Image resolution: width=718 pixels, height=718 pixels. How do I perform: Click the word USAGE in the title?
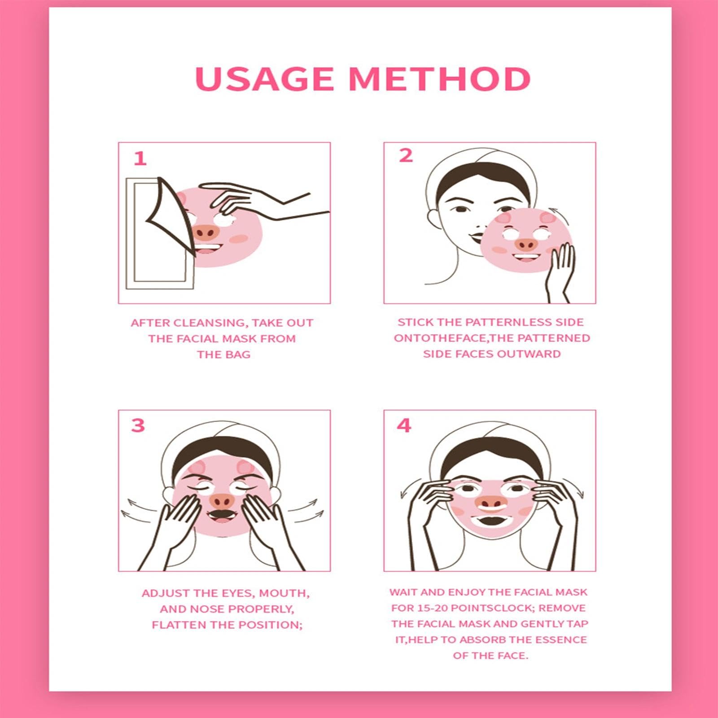pos(264,79)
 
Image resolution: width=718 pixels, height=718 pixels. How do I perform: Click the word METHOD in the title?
pos(440,79)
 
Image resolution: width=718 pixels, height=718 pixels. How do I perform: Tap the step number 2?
pos(406,155)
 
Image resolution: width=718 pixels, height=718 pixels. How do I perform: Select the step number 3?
pos(138,425)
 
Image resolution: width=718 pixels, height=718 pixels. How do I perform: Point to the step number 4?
pos(404,425)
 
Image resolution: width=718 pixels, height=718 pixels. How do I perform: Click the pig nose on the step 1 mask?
pos(206,232)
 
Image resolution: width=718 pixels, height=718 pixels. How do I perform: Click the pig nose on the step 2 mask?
pos(526,244)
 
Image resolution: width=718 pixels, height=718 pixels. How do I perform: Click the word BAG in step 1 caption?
pos(239,355)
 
